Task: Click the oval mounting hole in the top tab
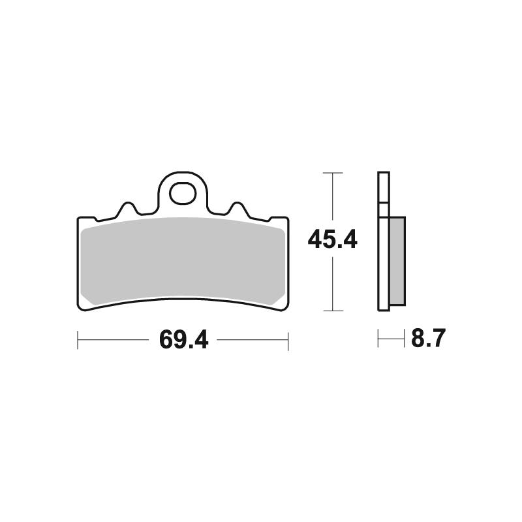point(183,193)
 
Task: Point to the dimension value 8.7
point(429,339)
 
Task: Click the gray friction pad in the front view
point(183,261)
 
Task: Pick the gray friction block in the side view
point(396,261)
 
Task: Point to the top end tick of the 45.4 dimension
point(333,173)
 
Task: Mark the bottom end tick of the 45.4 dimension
point(333,311)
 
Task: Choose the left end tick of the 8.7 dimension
point(378,339)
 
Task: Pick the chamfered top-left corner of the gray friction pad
point(85,225)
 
